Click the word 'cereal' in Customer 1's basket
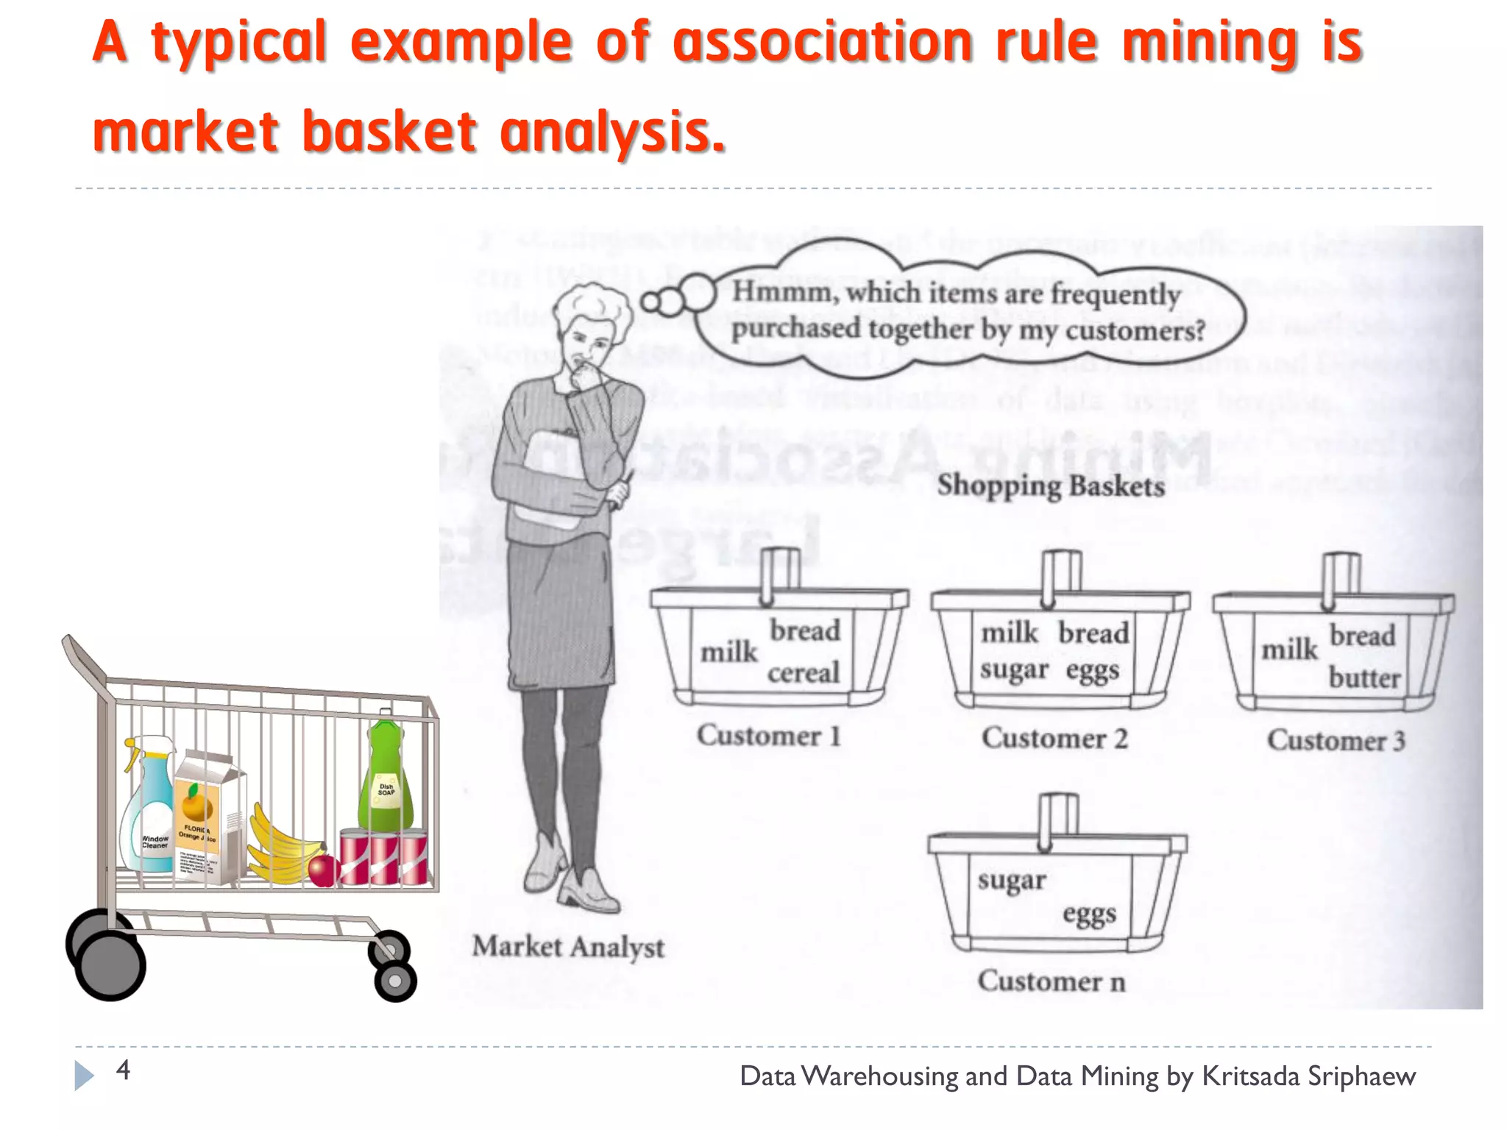click(804, 672)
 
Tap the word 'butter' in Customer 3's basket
click(1364, 678)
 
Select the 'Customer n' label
click(1052, 981)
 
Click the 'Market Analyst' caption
click(568, 947)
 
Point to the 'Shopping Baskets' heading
click(1051, 486)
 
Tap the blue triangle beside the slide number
click(84, 1076)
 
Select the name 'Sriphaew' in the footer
click(1361, 1076)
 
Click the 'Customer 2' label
click(1054, 738)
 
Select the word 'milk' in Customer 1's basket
click(728, 652)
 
